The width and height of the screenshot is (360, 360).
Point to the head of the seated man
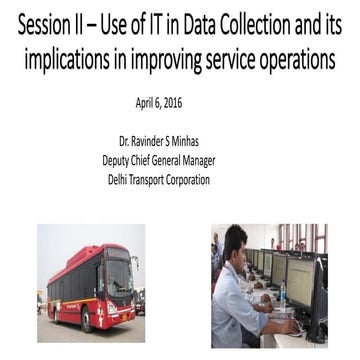coord(236,242)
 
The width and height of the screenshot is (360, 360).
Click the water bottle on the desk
coord(283,291)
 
